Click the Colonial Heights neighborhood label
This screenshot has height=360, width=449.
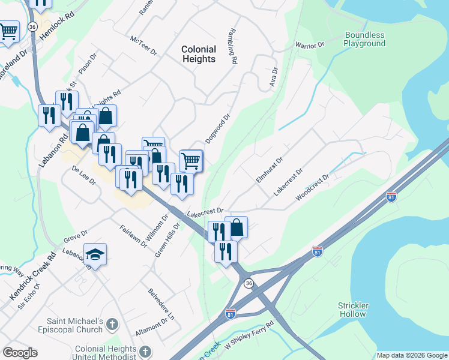pos(199,54)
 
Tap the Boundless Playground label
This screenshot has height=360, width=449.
pos(364,39)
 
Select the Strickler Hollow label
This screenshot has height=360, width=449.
pos(354,310)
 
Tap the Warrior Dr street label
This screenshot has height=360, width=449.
pos(309,46)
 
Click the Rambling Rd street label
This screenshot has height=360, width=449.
pos(232,46)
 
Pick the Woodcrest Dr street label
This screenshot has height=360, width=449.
pos(313,188)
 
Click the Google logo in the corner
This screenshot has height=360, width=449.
pos(20,353)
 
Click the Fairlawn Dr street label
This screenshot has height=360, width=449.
pos(133,236)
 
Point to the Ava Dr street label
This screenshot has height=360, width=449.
pos(274,76)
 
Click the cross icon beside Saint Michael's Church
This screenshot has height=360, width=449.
pos(112,325)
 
